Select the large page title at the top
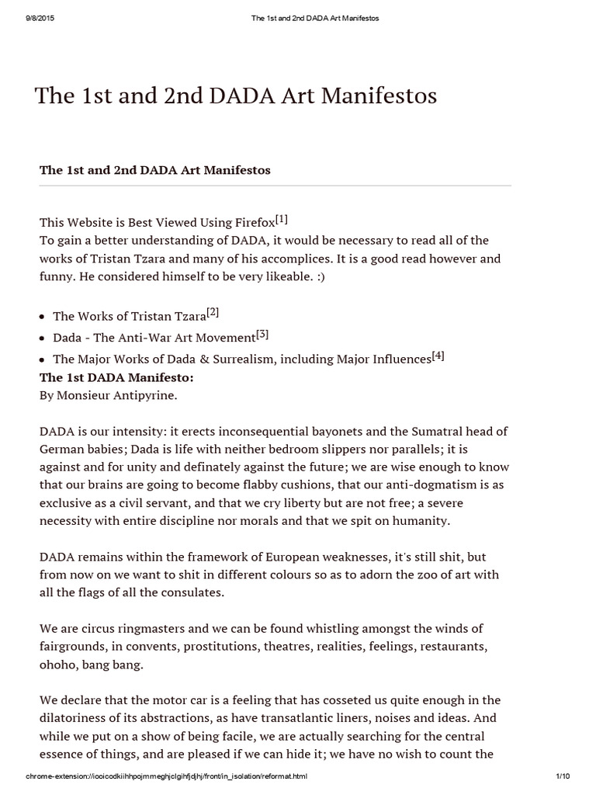click(236, 95)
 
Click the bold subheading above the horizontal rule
click(155, 170)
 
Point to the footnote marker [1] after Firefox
click(281, 219)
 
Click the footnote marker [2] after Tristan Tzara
click(213, 313)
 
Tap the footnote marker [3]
click(262, 335)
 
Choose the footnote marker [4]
click(438, 356)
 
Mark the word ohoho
click(57, 665)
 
